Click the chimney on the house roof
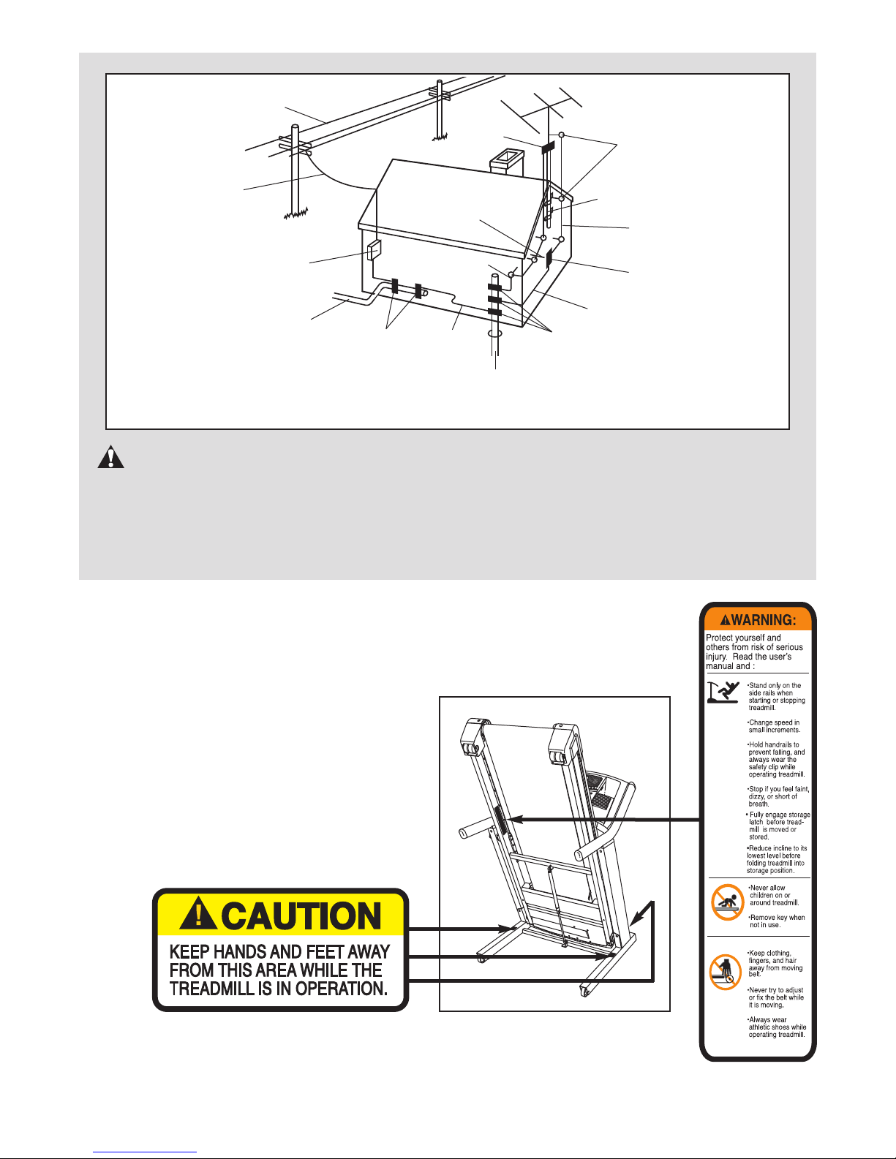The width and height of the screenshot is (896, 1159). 507,162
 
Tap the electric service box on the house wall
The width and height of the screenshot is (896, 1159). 374,249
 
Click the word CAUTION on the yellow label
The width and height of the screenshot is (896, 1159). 301,916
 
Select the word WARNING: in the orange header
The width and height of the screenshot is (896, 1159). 763,620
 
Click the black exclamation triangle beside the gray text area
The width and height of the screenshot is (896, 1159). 111,457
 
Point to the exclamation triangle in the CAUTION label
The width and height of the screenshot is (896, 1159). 198,913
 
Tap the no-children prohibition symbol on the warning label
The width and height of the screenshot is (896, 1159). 728,902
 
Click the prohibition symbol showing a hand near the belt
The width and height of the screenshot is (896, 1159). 726,972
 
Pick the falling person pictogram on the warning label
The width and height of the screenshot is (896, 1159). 723,692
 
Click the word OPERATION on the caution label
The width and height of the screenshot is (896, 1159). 342,989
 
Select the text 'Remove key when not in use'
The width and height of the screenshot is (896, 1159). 777,921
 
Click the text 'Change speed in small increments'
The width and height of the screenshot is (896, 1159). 774,726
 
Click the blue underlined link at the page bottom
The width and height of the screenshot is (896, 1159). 145,1152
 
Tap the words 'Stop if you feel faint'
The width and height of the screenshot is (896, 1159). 779,789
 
